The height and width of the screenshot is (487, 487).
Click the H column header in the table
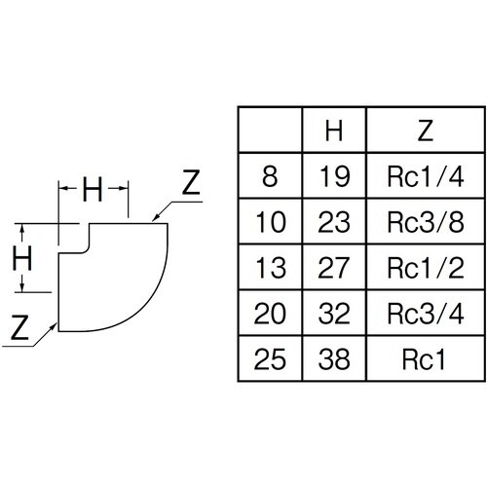pyautogui.click(x=334, y=131)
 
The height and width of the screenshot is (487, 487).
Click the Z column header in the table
pyautogui.click(x=426, y=131)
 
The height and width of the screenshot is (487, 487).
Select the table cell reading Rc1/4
pyautogui.click(x=426, y=176)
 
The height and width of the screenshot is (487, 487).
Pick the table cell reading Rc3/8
pyautogui.click(x=426, y=222)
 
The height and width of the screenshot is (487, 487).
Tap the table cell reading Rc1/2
pyautogui.click(x=426, y=268)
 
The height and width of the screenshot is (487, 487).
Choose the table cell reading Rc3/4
pyautogui.click(x=426, y=314)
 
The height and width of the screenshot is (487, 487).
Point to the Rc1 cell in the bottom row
pyautogui.click(x=424, y=359)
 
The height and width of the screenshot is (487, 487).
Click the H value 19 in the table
pyautogui.click(x=334, y=176)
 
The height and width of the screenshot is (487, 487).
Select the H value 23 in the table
pyautogui.click(x=334, y=222)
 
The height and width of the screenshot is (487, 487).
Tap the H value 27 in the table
pyautogui.click(x=334, y=268)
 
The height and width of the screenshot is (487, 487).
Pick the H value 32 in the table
pyautogui.click(x=334, y=314)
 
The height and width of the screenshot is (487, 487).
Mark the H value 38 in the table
pyautogui.click(x=334, y=359)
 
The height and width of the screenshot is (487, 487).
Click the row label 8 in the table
pyautogui.click(x=270, y=176)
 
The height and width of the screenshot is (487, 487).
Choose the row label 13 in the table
pyautogui.click(x=271, y=268)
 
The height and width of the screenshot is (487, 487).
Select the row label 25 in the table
pyautogui.click(x=270, y=359)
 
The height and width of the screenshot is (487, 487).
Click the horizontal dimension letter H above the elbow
pyautogui.click(x=93, y=189)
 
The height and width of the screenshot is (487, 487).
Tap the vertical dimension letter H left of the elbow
pyautogui.click(x=22, y=258)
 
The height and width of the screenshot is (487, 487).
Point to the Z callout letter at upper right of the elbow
pyautogui.click(x=191, y=182)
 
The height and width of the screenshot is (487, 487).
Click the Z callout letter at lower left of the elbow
pyautogui.click(x=19, y=327)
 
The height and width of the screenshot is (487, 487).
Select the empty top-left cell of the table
pyautogui.click(x=270, y=130)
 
